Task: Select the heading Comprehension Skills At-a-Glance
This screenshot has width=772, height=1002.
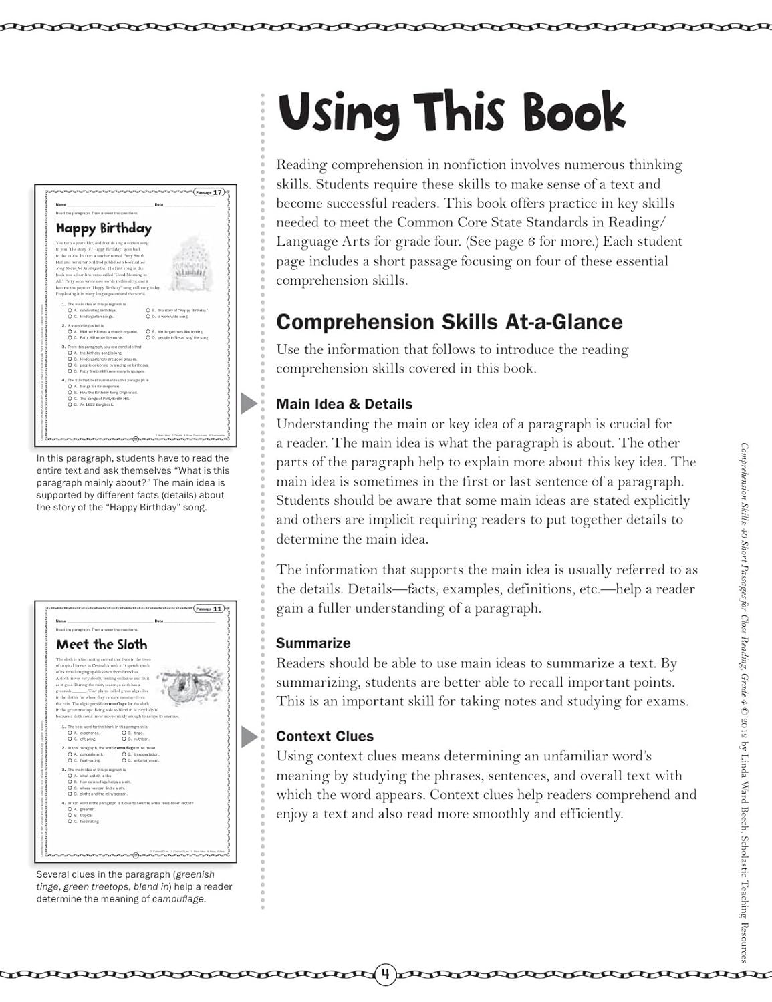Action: coord(449,322)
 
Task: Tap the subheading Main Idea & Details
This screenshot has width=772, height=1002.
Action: coord(344,404)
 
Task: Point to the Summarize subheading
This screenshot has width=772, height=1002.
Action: coord(313,643)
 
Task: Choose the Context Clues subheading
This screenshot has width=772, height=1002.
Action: coord(325,736)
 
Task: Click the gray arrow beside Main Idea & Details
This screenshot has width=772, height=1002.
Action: coord(249,404)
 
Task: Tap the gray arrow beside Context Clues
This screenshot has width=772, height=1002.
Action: coord(249,737)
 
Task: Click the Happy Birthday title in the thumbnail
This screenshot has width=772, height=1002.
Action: coord(104,229)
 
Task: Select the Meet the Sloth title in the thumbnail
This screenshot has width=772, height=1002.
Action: coord(102,645)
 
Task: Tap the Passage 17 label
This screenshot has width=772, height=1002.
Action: coord(209,192)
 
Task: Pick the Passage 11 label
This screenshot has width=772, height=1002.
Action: coord(208,609)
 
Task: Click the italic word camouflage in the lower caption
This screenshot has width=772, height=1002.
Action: coord(178,899)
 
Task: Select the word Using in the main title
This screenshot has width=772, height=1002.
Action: coord(339,113)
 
